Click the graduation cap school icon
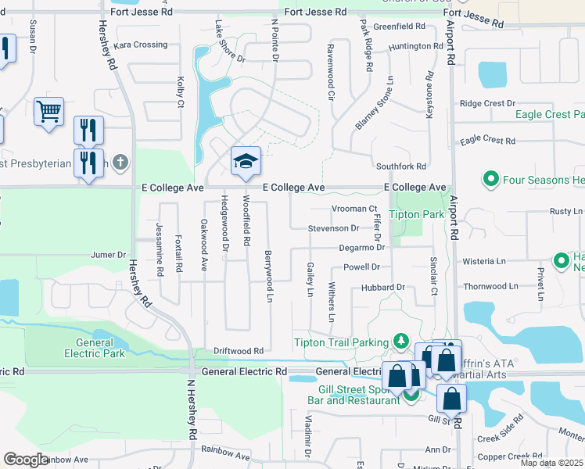coord(245,161)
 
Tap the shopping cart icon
coord(48,112)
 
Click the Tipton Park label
coord(417,214)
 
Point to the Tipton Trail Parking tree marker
coord(400,342)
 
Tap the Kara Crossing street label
coord(141,45)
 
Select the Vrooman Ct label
coord(354,209)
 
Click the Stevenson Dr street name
coord(333,228)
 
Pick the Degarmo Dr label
coord(362,247)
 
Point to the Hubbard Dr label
coord(382,288)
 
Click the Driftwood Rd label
coord(239,351)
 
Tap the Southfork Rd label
coord(400,166)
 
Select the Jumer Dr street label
coord(108,255)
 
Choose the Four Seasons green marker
coord(491,180)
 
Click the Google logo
coord(26,459)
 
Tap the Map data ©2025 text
coord(551,463)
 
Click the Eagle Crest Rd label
coord(487,141)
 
